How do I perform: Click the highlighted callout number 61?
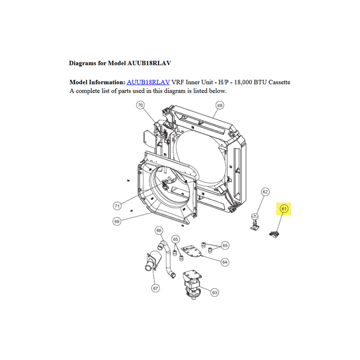284,209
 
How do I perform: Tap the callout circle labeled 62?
265,192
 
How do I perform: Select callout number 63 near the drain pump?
215,292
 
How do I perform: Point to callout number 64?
225,262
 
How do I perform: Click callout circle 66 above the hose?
159,230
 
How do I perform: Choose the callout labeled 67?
155,288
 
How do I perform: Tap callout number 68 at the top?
220,105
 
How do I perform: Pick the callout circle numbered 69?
117,221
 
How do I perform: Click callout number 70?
140,105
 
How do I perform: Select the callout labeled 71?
117,206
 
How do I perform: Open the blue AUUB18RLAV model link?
148,82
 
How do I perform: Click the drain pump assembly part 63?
193,284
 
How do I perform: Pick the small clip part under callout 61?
274,234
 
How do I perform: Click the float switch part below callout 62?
255,222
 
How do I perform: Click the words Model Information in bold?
97,82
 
